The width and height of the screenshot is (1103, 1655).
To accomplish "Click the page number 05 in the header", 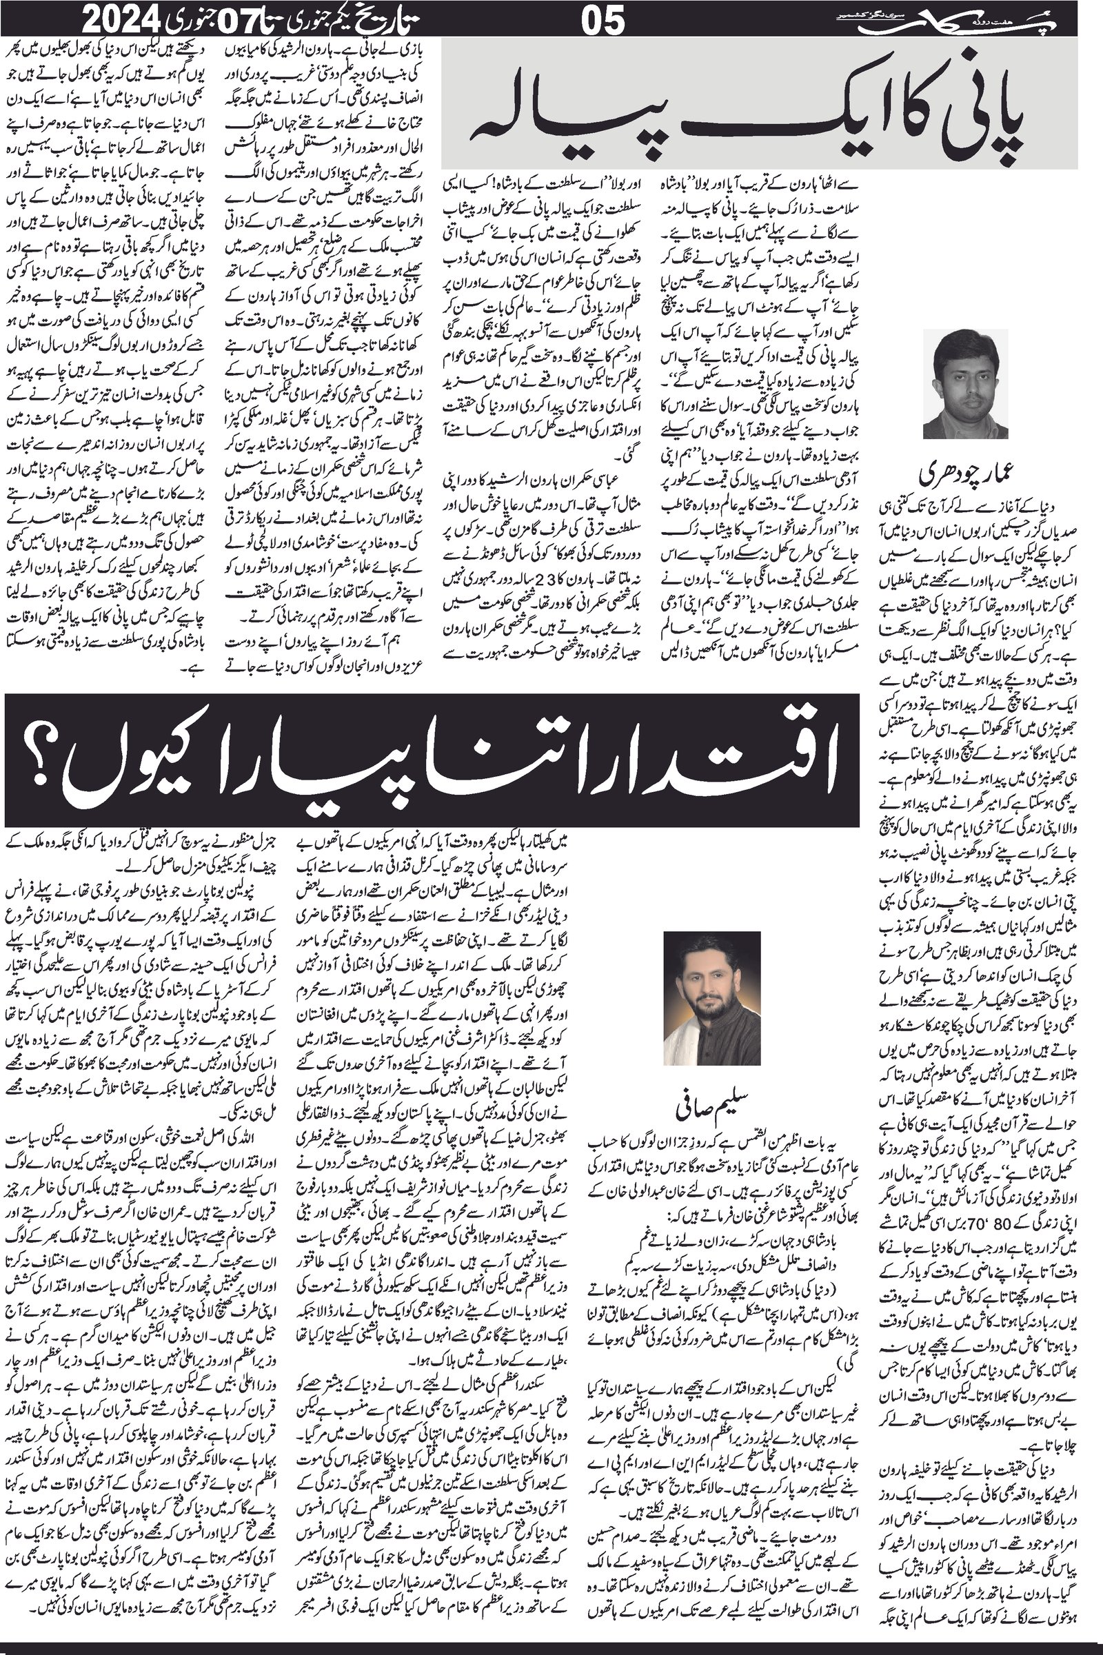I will pyautogui.click(x=604, y=22).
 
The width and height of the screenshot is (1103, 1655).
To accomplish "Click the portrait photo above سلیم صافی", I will pyautogui.click(x=712, y=998).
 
